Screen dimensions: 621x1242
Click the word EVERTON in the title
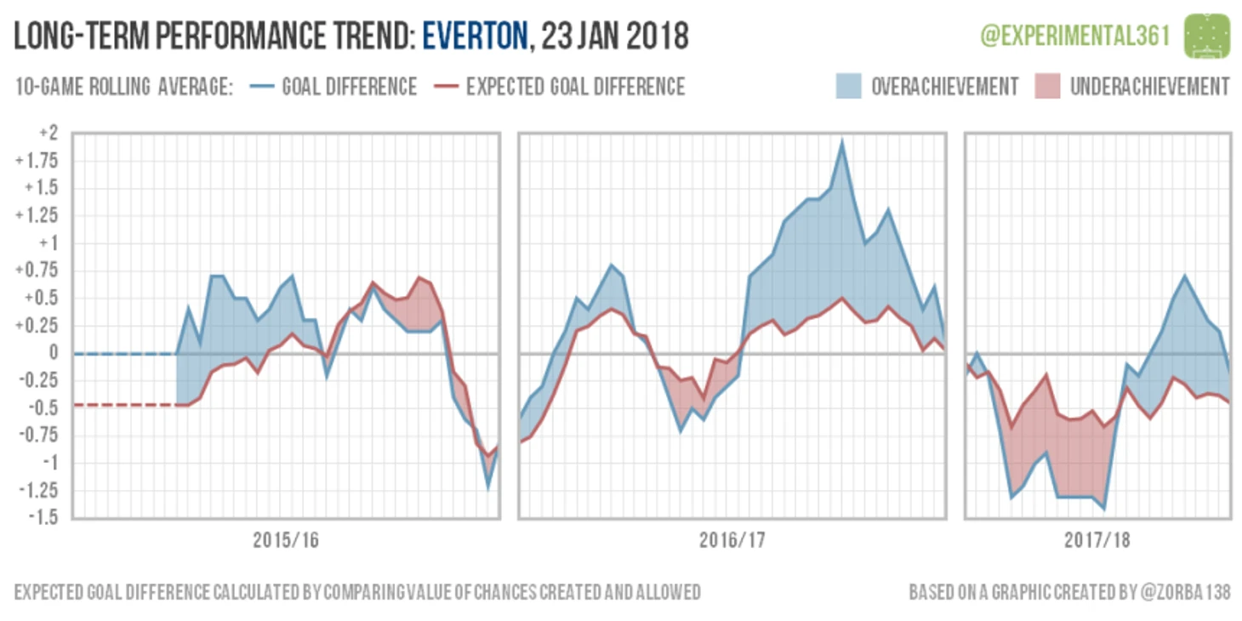[475, 37]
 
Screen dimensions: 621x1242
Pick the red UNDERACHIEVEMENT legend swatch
[1047, 87]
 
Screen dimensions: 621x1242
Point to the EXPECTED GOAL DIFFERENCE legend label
[575, 87]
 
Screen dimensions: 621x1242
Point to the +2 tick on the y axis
[48, 134]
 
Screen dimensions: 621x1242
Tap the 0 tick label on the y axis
[53, 353]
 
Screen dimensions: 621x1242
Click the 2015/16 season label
[286, 540]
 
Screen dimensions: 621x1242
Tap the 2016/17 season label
[732, 540]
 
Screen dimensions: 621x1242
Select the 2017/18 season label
[1097, 540]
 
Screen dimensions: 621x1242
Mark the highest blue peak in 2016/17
[841, 142]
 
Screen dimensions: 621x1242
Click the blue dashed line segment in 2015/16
[123, 353]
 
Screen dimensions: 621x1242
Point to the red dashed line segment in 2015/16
[123, 405]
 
